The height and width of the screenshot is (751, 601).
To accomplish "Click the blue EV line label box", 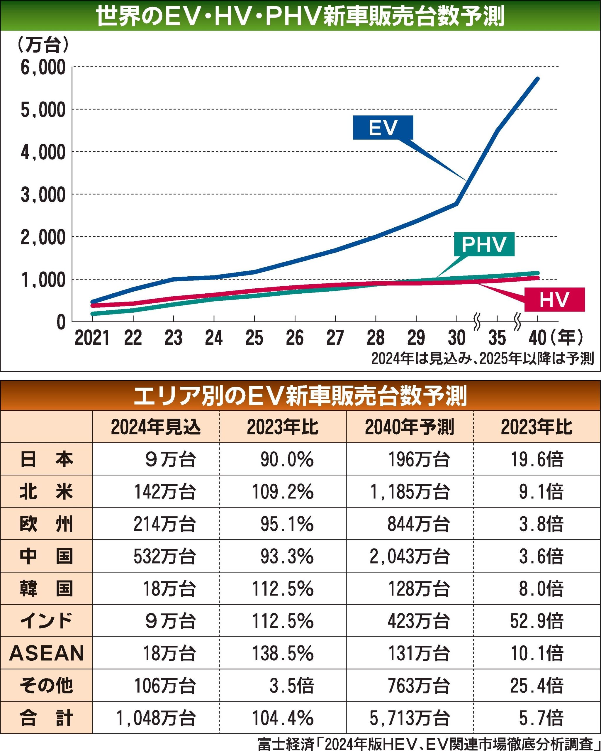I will click(x=383, y=128).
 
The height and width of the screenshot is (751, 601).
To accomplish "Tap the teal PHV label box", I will click(x=484, y=244).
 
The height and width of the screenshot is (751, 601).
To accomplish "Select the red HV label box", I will click(x=554, y=300).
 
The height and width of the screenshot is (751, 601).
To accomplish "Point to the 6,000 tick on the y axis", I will click(x=43, y=67).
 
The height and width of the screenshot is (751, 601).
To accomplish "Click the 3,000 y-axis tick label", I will click(x=43, y=195).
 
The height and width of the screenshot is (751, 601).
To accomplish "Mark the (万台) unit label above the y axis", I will click(x=43, y=45).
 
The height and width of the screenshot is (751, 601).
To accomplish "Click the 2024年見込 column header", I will click(x=156, y=427).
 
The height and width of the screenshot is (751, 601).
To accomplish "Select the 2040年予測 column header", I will click(x=410, y=427).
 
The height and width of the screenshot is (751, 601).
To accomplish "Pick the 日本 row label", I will click(x=46, y=459).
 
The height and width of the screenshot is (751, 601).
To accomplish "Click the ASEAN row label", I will click(x=46, y=653).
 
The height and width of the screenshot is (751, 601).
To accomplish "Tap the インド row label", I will click(x=46, y=621).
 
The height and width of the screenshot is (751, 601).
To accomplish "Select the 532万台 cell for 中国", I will click(x=164, y=556).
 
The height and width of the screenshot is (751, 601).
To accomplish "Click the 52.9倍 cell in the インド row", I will click(x=537, y=621).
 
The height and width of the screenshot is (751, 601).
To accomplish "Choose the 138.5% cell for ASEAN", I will click(x=283, y=653).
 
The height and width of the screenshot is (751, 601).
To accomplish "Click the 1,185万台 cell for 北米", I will click(x=410, y=491).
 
